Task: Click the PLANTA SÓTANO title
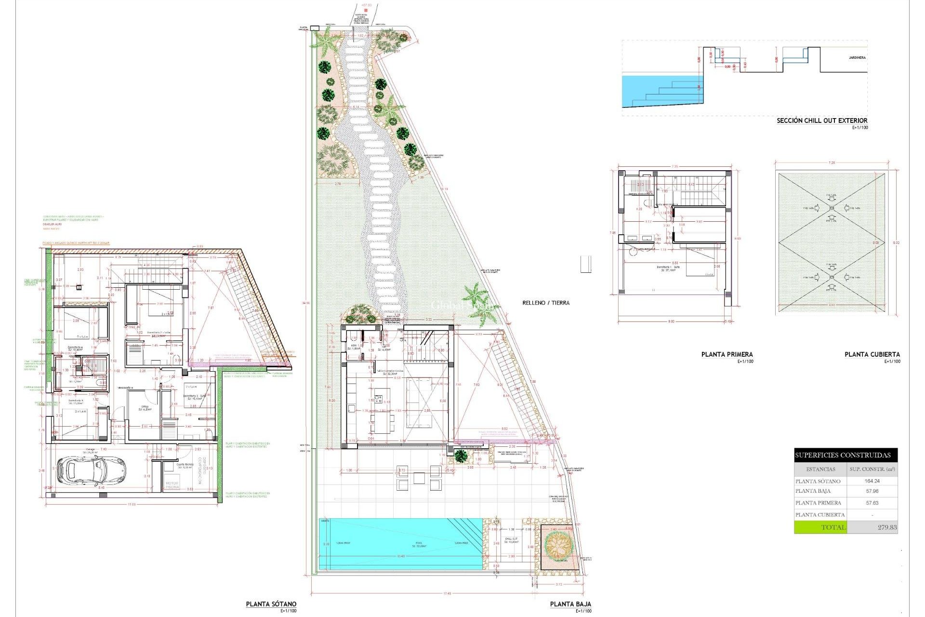click(x=271, y=604)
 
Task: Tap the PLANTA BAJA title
click(x=570, y=604)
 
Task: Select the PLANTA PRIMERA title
click(x=727, y=354)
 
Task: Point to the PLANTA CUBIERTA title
click(x=872, y=354)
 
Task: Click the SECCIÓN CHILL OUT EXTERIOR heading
click(x=821, y=121)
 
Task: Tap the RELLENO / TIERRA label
click(x=545, y=303)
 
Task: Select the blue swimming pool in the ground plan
click(x=400, y=544)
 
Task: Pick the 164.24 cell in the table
click(x=872, y=481)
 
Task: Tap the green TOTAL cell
click(x=820, y=527)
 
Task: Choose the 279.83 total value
click(x=886, y=527)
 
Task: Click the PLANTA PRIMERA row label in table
click(x=818, y=503)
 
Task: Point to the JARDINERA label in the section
click(x=857, y=58)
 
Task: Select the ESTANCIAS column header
click(x=820, y=469)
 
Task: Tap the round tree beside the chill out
click(x=558, y=545)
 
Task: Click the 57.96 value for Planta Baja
click(x=872, y=491)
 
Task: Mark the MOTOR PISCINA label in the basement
click(x=172, y=485)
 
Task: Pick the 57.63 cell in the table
click(x=872, y=503)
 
